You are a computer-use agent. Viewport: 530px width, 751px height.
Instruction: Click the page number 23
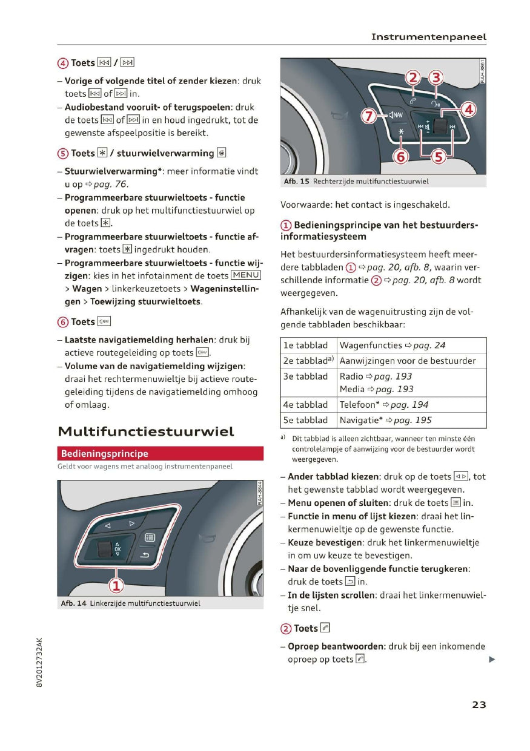click(x=479, y=704)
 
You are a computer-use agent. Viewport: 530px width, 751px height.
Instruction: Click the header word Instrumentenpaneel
click(x=428, y=37)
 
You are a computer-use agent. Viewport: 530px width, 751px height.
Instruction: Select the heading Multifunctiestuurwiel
click(x=145, y=431)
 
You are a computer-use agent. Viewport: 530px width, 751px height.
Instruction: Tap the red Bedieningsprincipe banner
click(x=160, y=453)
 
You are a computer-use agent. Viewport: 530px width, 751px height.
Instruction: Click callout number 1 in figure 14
click(x=116, y=585)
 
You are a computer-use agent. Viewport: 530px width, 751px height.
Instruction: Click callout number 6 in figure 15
click(x=400, y=157)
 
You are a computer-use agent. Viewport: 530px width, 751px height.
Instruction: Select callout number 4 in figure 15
click(x=468, y=110)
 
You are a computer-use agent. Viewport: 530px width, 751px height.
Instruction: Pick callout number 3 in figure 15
click(x=436, y=77)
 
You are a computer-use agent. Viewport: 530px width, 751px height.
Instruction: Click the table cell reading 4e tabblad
click(x=305, y=404)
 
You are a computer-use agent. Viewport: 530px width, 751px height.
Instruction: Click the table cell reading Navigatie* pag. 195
click(x=385, y=420)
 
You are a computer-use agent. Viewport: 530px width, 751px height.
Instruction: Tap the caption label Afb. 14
click(x=73, y=603)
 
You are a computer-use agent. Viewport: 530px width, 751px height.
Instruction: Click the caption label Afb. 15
click(x=296, y=182)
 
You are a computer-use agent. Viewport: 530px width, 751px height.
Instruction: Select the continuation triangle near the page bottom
click(x=492, y=660)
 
